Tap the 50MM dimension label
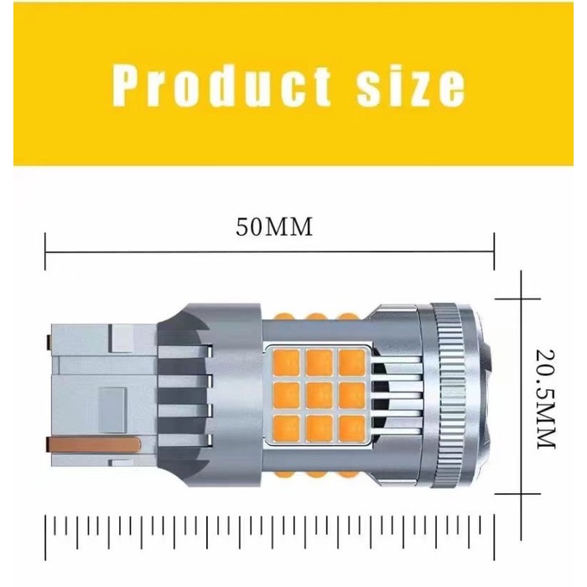(x=274, y=227)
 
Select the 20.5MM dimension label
(x=545, y=399)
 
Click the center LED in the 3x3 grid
(x=319, y=396)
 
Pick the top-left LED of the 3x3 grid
(x=287, y=362)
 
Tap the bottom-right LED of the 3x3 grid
(x=351, y=429)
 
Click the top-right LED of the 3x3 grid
(x=351, y=362)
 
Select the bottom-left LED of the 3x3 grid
(x=287, y=429)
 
